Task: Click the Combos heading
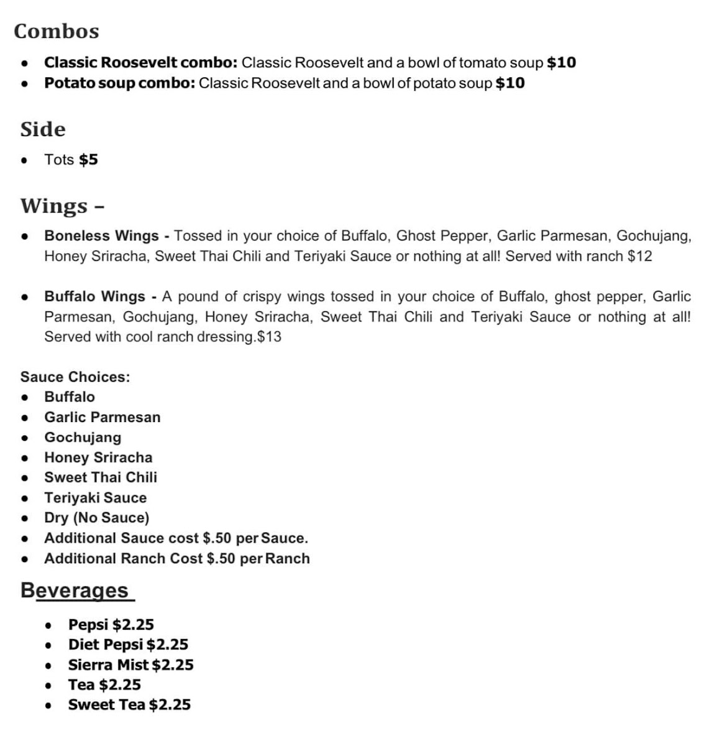[x=57, y=31]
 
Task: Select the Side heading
[x=43, y=129]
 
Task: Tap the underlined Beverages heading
[x=76, y=590]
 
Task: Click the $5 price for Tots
[x=88, y=160]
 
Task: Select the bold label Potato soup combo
[x=120, y=83]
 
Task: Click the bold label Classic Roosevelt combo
[x=140, y=63]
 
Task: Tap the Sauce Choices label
[x=75, y=377]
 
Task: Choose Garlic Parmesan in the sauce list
[x=103, y=417]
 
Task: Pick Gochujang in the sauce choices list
[x=83, y=438]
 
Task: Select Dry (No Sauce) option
[x=97, y=518]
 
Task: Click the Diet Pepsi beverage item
[x=128, y=645]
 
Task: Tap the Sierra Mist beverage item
[x=130, y=665]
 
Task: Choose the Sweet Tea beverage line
[x=129, y=705]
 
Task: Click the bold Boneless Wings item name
[x=101, y=236]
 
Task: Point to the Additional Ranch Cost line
[x=177, y=559]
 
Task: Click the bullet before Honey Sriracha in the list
[x=25, y=458]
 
